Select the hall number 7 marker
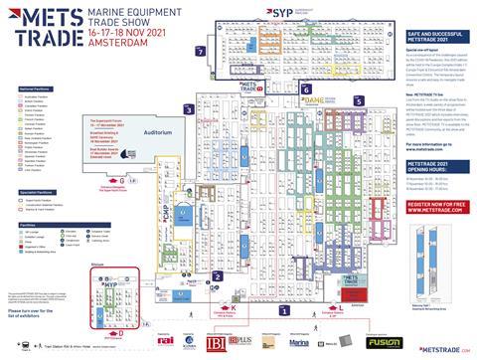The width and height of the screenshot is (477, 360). click(201, 51)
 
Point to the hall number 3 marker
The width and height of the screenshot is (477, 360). click(187, 108)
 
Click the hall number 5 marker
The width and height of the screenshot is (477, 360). click(357, 101)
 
